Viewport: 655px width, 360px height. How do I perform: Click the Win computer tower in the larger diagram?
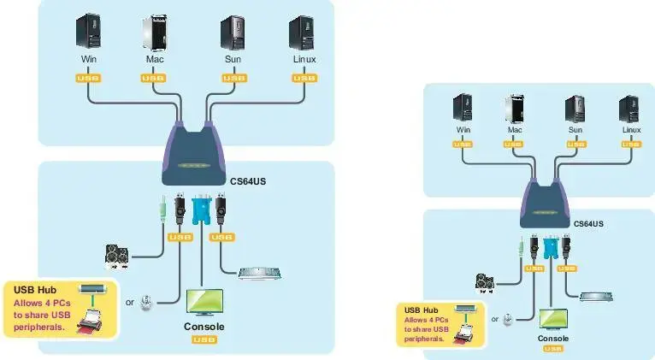click(x=88, y=32)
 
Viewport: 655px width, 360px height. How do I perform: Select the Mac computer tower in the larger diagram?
click(x=154, y=32)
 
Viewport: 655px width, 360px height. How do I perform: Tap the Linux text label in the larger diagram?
click(x=304, y=60)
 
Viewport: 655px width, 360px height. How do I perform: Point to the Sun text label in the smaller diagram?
click(x=575, y=130)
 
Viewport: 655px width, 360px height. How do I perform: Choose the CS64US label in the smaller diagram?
click(x=587, y=223)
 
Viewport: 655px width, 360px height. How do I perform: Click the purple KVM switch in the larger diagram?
click(x=198, y=155)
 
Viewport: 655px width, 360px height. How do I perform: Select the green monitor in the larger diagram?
click(x=204, y=303)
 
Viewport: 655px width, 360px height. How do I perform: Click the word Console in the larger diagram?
click(x=204, y=327)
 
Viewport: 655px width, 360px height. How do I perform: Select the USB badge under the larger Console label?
click(x=204, y=340)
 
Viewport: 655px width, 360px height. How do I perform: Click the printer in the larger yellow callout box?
click(x=91, y=323)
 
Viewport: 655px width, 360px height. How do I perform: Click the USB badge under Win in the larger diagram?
click(x=88, y=78)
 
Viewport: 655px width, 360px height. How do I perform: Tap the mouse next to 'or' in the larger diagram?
click(x=147, y=302)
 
